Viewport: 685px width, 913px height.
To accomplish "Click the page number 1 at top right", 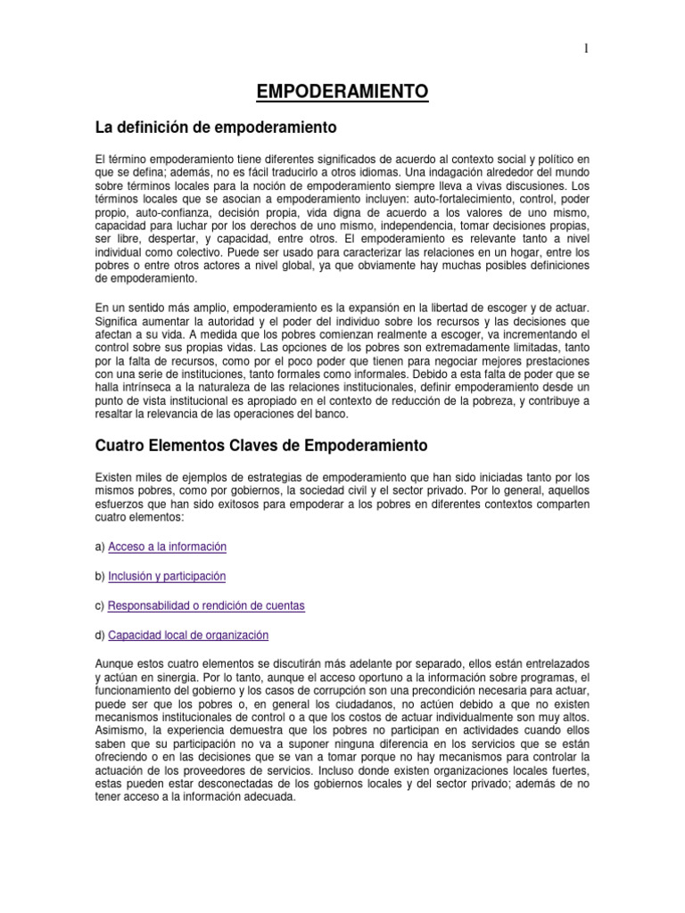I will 586,50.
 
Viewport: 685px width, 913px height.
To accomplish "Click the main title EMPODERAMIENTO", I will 342,91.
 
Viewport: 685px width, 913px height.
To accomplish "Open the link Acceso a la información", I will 167,547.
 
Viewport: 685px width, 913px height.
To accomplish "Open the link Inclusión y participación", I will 167,576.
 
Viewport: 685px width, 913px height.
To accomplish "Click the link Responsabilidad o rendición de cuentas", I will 206,605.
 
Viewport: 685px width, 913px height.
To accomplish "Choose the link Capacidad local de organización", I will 188,635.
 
